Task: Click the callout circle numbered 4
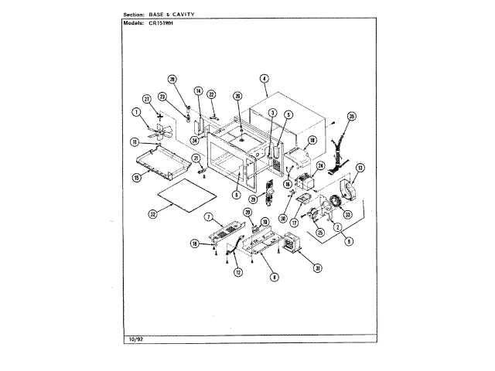click(x=264, y=79)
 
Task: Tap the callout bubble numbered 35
click(x=351, y=117)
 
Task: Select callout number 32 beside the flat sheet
click(x=153, y=214)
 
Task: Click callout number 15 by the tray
click(x=136, y=177)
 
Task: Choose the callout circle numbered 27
click(x=146, y=99)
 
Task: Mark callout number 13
click(x=360, y=167)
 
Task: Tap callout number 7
click(x=209, y=217)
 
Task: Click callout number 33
click(x=347, y=214)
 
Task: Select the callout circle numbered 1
click(x=136, y=112)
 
